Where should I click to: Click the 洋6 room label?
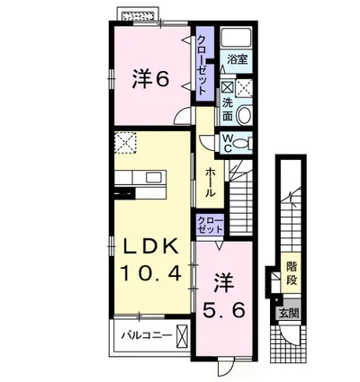150,78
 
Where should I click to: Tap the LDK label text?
151,248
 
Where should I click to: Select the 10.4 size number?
151,273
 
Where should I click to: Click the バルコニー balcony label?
147,335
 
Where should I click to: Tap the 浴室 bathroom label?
238,59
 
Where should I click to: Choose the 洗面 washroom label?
228,110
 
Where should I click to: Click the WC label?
228,144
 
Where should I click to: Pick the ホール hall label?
210,182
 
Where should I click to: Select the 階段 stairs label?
292,273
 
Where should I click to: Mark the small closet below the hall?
210,226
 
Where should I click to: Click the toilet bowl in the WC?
240,144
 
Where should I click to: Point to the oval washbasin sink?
244,115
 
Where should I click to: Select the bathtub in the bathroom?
236,38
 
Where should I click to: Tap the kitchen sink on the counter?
154,177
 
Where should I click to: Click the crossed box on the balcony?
182,334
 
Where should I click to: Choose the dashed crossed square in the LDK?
125,142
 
